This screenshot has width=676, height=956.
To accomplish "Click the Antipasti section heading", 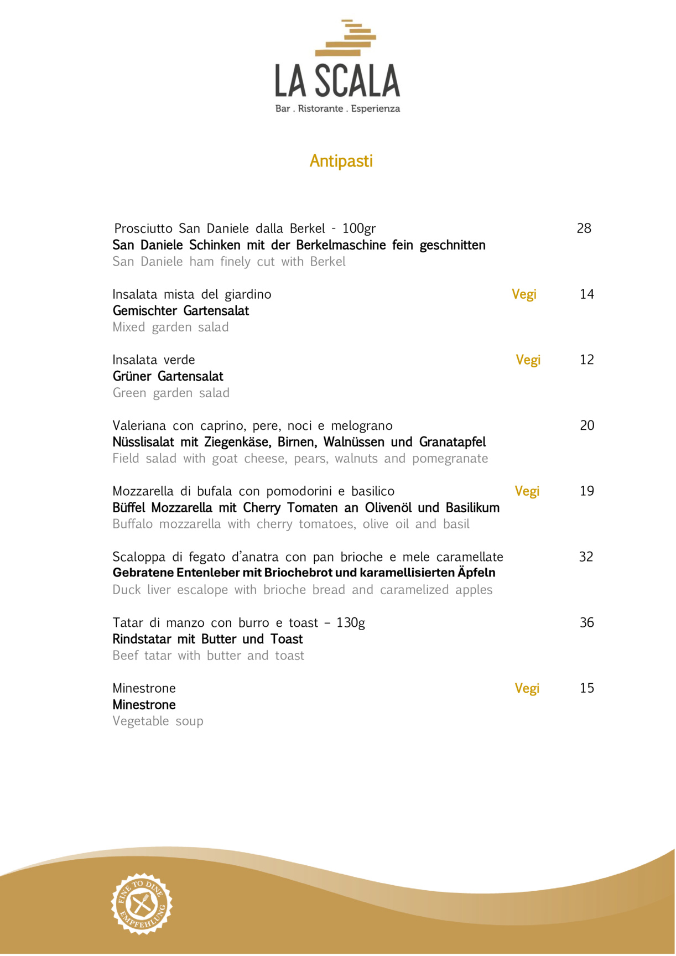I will [x=341, y=161].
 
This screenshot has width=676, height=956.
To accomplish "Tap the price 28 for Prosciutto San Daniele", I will [x=584, y=228].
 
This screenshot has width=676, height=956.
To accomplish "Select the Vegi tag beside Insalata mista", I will [x=523, y=294].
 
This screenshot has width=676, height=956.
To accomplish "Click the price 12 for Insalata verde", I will [x=586, y=360].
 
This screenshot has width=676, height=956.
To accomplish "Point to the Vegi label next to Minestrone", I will [x=527, y=688].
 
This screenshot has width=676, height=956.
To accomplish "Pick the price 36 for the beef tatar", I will [x=586, y=622].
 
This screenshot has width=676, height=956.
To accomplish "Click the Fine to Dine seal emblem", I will [x=142, y=903].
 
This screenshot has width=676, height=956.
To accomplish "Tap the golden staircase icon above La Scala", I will [x=346, y=38].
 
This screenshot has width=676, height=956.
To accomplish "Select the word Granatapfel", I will [x=452, y=442].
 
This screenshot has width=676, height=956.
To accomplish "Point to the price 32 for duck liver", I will [x=586, y=557].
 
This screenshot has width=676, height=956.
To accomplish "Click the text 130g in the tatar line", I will [x=351, y=623].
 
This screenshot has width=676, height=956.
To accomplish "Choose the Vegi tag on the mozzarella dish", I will [x=527, y=491].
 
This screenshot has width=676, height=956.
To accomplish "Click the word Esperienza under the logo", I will [x=375, y=108].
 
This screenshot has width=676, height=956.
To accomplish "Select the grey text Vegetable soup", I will [x=158, y=721].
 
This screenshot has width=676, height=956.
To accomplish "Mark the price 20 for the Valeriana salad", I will [x=586, y=425].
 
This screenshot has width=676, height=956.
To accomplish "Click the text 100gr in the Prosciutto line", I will [x=358, y=228].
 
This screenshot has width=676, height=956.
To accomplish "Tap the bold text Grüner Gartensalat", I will [x=168, y=377].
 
